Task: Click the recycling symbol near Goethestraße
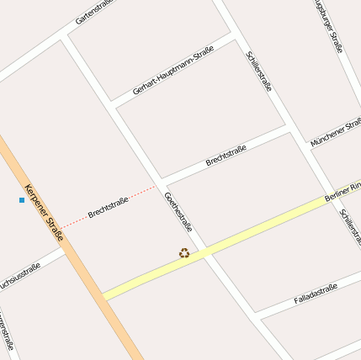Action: tap(184, 252)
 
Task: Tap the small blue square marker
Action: tap(22, 200)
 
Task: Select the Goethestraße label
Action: tap(178, 213)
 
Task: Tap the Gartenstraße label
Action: tap(93, 11)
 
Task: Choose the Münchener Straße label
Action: tap(336, 133)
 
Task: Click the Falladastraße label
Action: tap(316, 294)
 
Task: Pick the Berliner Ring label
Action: tap(342, 192)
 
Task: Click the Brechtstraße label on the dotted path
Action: tap(108, 208)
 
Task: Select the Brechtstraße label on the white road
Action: tap(226, 156)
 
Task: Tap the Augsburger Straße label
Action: tap(328, 25)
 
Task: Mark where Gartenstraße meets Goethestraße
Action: tap(66, 37)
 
